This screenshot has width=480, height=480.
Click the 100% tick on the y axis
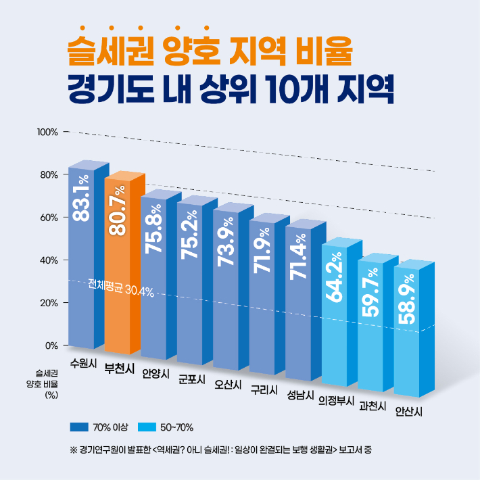pyautogui.click(x=47, y=131)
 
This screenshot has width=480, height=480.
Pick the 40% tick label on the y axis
pyautogui.click(x=49, y=260)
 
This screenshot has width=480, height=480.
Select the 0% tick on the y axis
pyautogui.click(x=51, y=345)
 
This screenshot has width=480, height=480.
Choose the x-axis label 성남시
pyautogui.click(x=299, y=394)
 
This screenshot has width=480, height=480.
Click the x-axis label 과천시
pyautogui.click(x=373, y=406)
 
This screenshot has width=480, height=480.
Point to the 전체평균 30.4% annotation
pyautogui.click(x=121, y=289)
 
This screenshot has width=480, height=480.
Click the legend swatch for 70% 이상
pyautogui.click(x=79, y=427)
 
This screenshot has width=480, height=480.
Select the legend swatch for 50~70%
pyautogui.click(x=147, y=427)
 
